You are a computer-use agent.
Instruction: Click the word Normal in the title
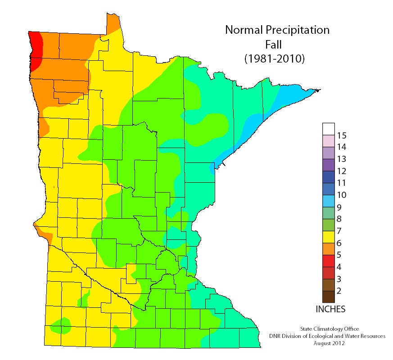[x=246, y=31]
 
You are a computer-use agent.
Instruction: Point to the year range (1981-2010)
[x=274, y=58]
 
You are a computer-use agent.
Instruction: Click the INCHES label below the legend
[x=330, y=309]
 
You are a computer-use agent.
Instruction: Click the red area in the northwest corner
[x=36, y=49]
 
